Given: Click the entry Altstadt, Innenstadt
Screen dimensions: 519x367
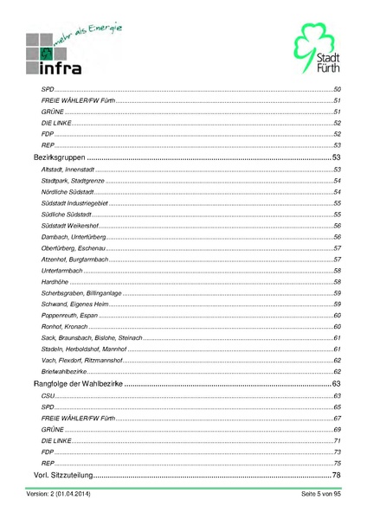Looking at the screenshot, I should (68, 170).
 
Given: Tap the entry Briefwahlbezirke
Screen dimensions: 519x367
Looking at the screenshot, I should (65, 370).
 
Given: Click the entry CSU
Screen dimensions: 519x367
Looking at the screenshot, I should (48, 395).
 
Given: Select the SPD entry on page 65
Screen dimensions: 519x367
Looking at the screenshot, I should (48, 407).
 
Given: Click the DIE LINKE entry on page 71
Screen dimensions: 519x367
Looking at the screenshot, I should (57, 440).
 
